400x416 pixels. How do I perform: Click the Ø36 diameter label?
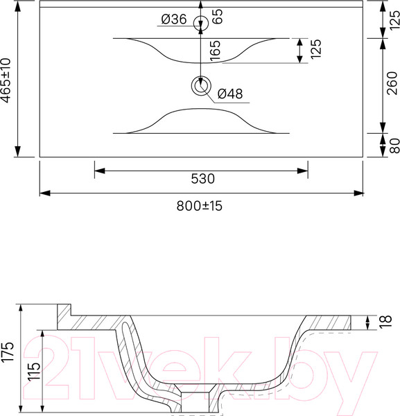(174, 19)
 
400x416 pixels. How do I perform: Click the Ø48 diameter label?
(230, 94)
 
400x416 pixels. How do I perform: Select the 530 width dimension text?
(202, 179)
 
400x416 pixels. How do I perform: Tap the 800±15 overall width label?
(200, 206)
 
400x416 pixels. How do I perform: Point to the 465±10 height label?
(6, 80)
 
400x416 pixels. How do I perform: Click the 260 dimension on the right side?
(392, 83)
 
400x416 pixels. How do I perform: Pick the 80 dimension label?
(394, 146)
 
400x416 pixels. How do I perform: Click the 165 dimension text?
(215, 51)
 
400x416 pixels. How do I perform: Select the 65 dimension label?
(218, 17)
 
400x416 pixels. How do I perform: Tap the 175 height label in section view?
(8, 352)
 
